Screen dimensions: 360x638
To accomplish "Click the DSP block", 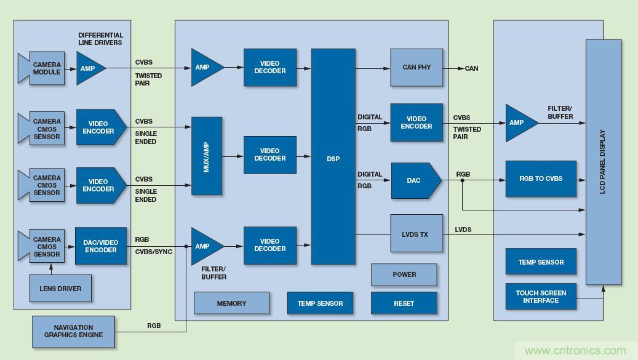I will pos(333,158).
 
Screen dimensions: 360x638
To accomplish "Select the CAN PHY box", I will pos(417,68).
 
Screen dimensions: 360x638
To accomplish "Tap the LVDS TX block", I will pos(417,234).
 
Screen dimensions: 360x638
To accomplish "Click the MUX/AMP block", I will pos(207,156).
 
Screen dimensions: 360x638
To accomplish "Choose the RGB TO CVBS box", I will pos(541,179).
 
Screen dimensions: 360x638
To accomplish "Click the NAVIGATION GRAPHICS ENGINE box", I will pos(73,332).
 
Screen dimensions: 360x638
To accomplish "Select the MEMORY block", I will pos(231,303).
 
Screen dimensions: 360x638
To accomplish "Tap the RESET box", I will pos(404,303).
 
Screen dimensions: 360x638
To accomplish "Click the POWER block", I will pos(404,274).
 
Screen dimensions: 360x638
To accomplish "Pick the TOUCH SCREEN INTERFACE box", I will pos(541,297).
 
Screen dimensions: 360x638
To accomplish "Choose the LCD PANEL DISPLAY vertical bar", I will pos(603,162).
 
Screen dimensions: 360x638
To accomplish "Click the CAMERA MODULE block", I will pos(43,68).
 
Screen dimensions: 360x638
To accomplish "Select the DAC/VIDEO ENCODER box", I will pos(101,246).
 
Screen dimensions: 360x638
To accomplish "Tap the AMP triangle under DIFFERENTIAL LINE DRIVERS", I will pos(88,68).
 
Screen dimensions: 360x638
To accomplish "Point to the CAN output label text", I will pos(471,68).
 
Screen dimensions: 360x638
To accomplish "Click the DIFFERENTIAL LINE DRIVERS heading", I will pos(100,39).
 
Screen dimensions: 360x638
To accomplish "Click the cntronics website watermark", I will pos(575,351).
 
